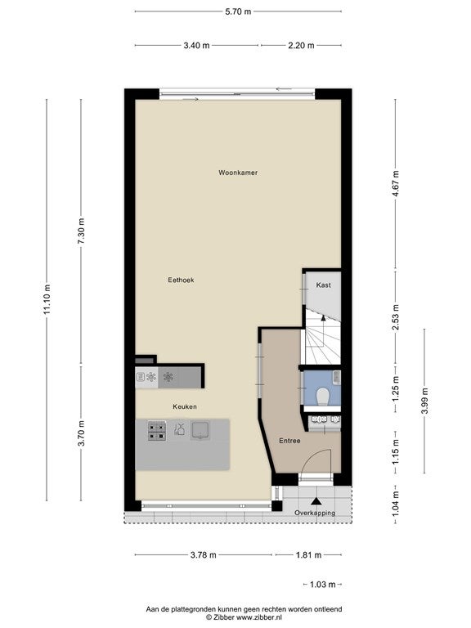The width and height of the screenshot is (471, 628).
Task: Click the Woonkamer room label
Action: coord(238,173)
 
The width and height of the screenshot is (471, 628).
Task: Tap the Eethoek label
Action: coord(181,280)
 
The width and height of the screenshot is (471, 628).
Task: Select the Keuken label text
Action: coord(185,406)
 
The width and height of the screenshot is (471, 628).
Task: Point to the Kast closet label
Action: coord(323,285)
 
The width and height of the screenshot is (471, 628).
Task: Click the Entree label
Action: coord(289,441)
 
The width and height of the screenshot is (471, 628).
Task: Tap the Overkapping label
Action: coord(315,513)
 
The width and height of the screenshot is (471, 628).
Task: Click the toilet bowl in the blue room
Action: coord(322,397)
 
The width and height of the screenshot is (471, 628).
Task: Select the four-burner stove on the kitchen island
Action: coord(157,431)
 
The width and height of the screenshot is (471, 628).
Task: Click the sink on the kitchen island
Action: coord(200,430)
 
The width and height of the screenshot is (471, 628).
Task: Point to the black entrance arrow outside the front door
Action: coord(316,501)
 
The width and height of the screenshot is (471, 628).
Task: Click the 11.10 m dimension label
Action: coord(47,298)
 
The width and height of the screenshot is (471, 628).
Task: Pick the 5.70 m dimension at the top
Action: coord(238,11)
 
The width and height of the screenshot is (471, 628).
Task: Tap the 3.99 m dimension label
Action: coord(425,401)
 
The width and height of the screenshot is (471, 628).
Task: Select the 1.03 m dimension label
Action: coord(323,585)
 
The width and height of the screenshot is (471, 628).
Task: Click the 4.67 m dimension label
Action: coord(396,183)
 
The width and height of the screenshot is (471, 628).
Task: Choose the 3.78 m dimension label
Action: coord(203,554)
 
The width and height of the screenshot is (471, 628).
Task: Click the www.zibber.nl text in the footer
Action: coord(258,617)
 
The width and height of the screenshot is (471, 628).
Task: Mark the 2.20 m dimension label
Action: coord(301,45)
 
